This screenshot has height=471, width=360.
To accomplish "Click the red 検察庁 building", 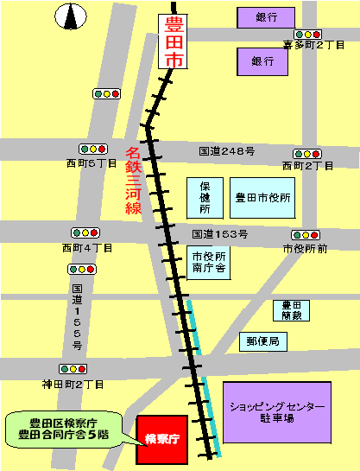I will pos(161,438).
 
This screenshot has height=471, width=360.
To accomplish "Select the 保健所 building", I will pos(205,198).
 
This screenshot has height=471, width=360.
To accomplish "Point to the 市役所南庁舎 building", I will pos(209,263).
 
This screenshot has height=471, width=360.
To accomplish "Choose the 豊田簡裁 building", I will pos(290,310).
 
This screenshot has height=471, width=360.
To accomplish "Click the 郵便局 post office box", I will pos(262,341).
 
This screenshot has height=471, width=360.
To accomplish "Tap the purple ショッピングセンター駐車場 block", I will pos(276,412).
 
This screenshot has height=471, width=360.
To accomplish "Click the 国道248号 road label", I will pos(226,150).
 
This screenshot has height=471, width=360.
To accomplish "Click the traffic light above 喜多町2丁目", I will pos(307,34).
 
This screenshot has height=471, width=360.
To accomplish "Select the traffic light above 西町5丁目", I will pos(92,149).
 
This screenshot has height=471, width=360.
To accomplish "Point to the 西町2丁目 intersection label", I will pos(307,165).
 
